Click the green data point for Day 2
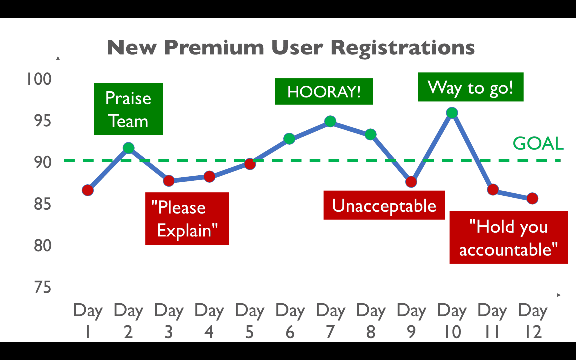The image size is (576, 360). (x=128, y=148)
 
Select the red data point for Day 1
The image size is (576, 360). (x=88, y=190)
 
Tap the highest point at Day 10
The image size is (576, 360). (x=452, y=113)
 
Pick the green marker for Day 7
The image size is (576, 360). (x=330, y=121)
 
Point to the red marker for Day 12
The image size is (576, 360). (x=532, y=198)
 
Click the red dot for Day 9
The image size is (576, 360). (x=411, y=182)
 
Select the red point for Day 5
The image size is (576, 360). (x=250, y=164)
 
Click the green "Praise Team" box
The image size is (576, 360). (x=128, y=109)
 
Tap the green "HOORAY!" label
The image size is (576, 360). (x=324, y=91)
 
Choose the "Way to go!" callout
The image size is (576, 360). (x=471, y=87)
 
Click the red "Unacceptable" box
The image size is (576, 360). (x=384, y=205)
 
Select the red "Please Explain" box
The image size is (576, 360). (x=187, y=219)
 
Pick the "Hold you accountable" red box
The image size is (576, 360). (x=509, y=238)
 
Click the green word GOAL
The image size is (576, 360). (x=538, y=143)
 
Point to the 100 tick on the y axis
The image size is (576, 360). (x=39, y=79)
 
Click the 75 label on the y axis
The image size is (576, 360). (x=43, y=287)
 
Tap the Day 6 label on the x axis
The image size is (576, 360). (x=290, y=321)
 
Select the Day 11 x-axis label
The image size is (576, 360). (x=492, y=321)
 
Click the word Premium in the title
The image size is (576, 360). (x=214, y=48)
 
